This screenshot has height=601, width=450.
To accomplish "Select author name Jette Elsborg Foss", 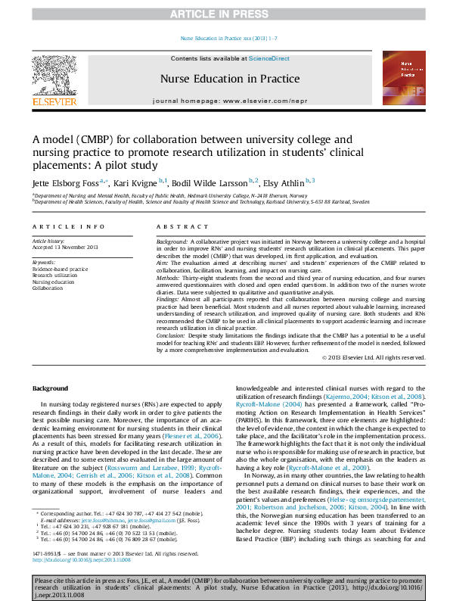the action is pos(66,183).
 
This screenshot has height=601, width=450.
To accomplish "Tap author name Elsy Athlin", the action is pos(284,183).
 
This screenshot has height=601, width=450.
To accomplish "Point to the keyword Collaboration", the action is pos(48,288).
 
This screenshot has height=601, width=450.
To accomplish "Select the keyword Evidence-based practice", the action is pos(60,269).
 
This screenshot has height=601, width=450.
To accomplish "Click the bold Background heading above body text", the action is pos(51,389).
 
